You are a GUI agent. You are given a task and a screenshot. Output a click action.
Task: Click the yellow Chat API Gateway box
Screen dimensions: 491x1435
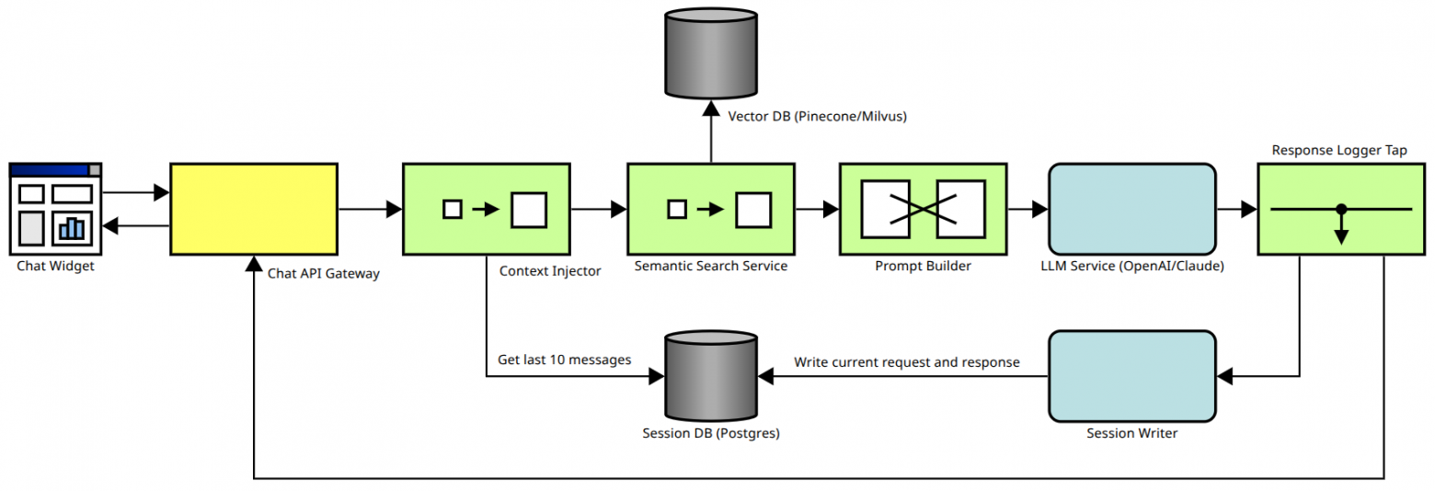(x=254, y=209)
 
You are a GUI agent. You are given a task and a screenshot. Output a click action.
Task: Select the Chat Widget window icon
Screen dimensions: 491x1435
(x=55, y=209)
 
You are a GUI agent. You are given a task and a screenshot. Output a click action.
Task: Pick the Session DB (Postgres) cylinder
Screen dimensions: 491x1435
(x=710, y=376)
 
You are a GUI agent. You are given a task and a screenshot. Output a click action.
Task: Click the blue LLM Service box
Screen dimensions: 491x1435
(x=1132, y=209)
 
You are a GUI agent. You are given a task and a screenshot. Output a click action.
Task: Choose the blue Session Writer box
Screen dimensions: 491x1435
(x=1132, y=375)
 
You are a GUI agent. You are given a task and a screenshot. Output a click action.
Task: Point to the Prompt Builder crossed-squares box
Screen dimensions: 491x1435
(x=923, y=209)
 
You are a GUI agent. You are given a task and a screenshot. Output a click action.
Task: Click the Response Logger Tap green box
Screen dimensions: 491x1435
(x=1340, y=209)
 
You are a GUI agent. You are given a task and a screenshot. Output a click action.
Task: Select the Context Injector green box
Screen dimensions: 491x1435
(x=487, y=209)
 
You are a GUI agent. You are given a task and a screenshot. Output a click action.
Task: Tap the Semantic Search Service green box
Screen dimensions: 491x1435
(x=710, y=209)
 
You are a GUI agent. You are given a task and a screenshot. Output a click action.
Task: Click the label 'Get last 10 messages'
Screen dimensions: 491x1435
(x=564, y=360)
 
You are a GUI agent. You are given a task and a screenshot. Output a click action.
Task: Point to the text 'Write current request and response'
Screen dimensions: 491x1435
(x=907, y=362)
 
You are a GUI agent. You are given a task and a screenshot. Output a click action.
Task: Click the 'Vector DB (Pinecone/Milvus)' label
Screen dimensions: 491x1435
(x=817, y=117)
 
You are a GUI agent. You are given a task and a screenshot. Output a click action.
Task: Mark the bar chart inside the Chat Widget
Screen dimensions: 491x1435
(x=71, y=227)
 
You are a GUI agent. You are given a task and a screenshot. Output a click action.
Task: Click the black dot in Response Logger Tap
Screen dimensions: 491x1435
(x=1341, y=209)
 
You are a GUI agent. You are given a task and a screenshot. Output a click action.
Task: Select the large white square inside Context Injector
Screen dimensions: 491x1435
(x=529, y=210)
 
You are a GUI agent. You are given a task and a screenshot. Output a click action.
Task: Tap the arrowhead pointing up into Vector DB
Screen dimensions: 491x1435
(x=710, y=108)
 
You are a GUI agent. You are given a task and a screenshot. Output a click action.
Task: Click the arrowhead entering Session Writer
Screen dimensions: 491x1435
(x=1224, y=375)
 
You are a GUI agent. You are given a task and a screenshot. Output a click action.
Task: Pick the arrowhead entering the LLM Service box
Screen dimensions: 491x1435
(x=1041, y=210)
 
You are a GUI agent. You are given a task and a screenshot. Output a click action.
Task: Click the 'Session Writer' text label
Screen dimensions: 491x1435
(x=1131, y=433)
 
